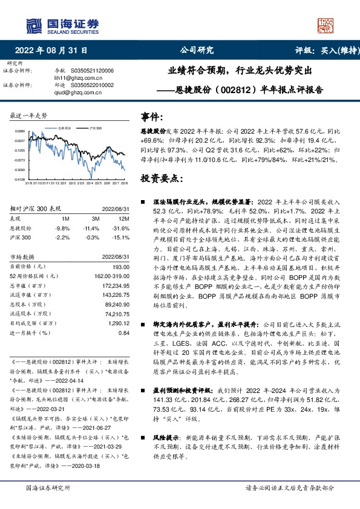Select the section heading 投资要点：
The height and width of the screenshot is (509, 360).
pos(160,178)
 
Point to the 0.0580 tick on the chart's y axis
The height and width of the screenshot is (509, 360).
pos(19,131)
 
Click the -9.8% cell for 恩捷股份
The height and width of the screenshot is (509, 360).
pos(62,228)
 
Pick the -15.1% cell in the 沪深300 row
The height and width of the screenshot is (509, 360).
pos(122,238)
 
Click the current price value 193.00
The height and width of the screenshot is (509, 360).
pos(122,267)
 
